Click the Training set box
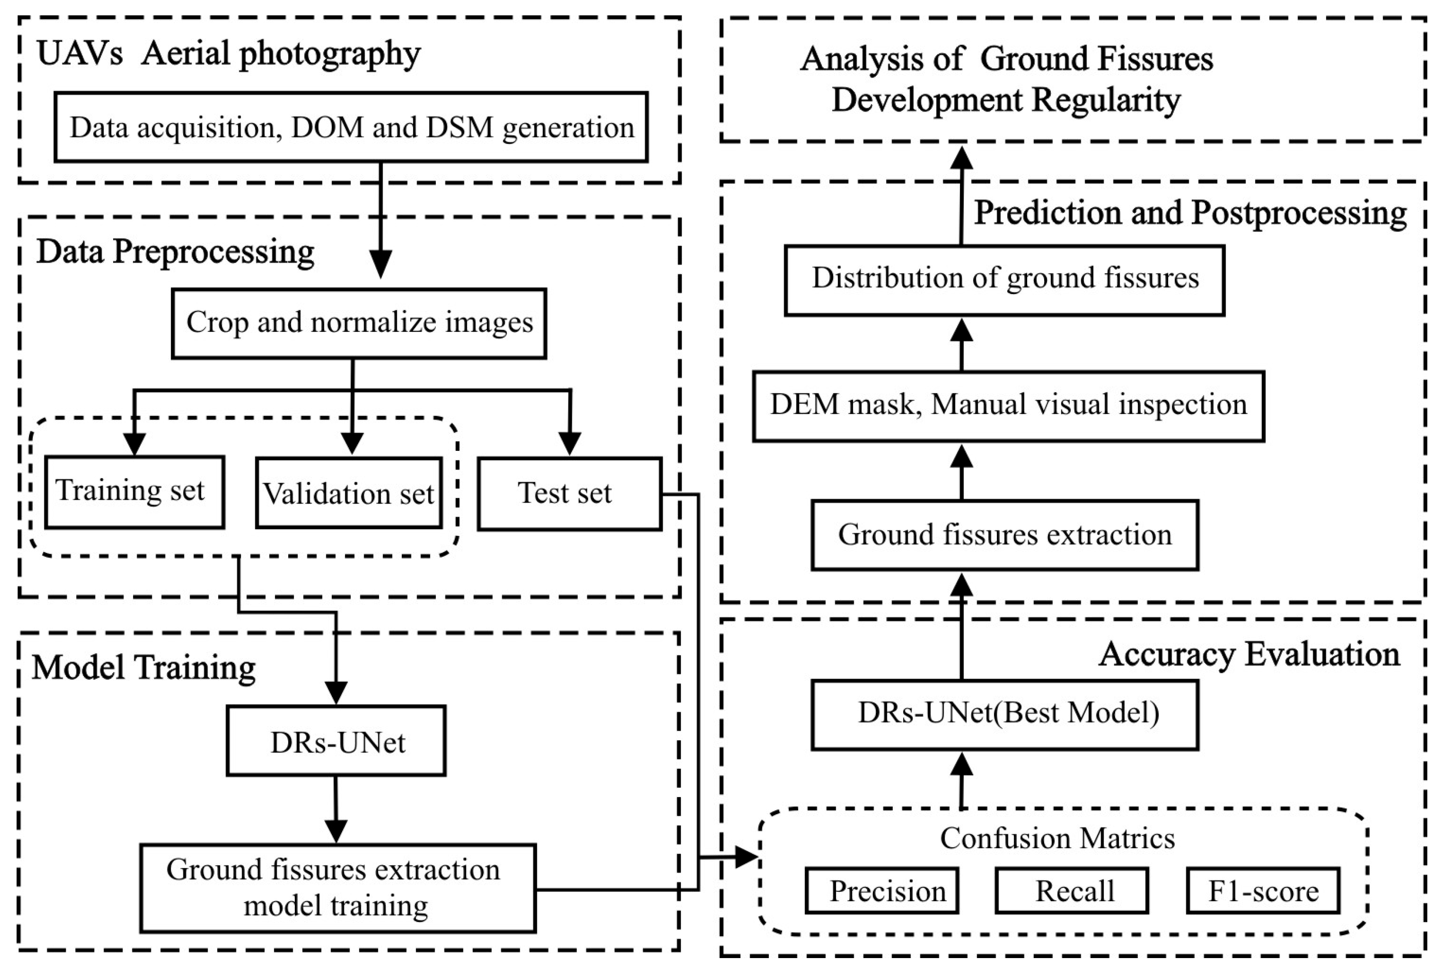pos(134,492)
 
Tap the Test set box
pos(569,494)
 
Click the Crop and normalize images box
pos(359,323)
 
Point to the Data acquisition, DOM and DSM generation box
pos(351,128)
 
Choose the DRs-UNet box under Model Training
pos(336,741)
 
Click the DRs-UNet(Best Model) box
pos(1004,714)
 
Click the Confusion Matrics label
pos(1057,839)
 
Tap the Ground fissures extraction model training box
pos(337,888)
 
